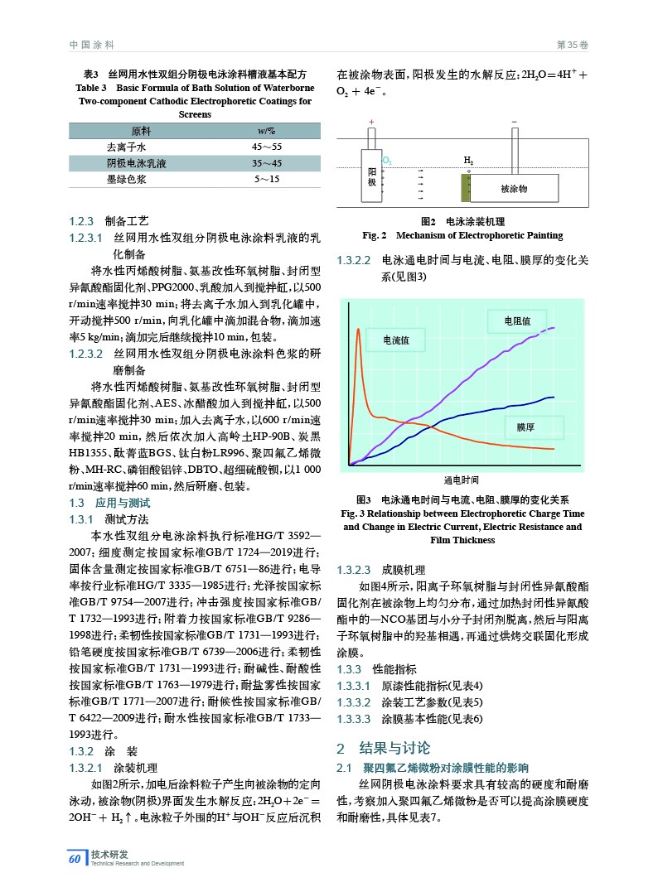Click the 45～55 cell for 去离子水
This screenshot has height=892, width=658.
click(266, 147)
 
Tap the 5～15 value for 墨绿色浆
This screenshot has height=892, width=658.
click(266, 179)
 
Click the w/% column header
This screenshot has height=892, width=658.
click(266, 131)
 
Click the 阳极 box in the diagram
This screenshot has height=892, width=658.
click(372, 176)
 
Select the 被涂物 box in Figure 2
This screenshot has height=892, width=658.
click(514, 189)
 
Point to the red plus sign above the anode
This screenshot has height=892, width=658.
click(371, 122)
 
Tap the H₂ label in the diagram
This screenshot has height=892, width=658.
click(468, 160)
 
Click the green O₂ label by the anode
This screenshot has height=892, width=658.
click(387, 160)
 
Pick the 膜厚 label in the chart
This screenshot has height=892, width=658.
click(525, 427)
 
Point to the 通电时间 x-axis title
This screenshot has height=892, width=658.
click(461, 480)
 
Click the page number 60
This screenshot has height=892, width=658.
click(75, 859)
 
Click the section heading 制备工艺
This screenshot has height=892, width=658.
click(126, 221)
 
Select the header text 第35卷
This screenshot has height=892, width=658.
click(571, 44)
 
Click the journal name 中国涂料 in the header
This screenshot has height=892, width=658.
click(91, 44)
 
